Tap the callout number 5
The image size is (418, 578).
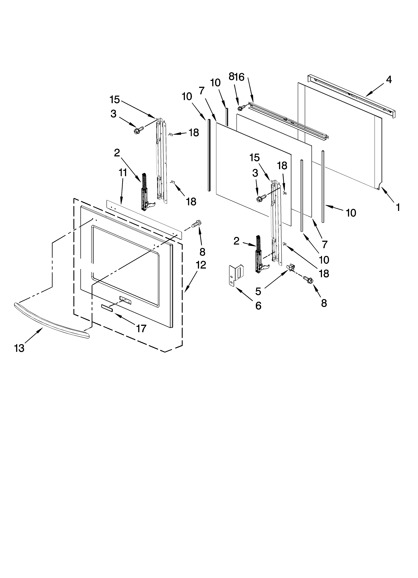pos(258,291)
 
